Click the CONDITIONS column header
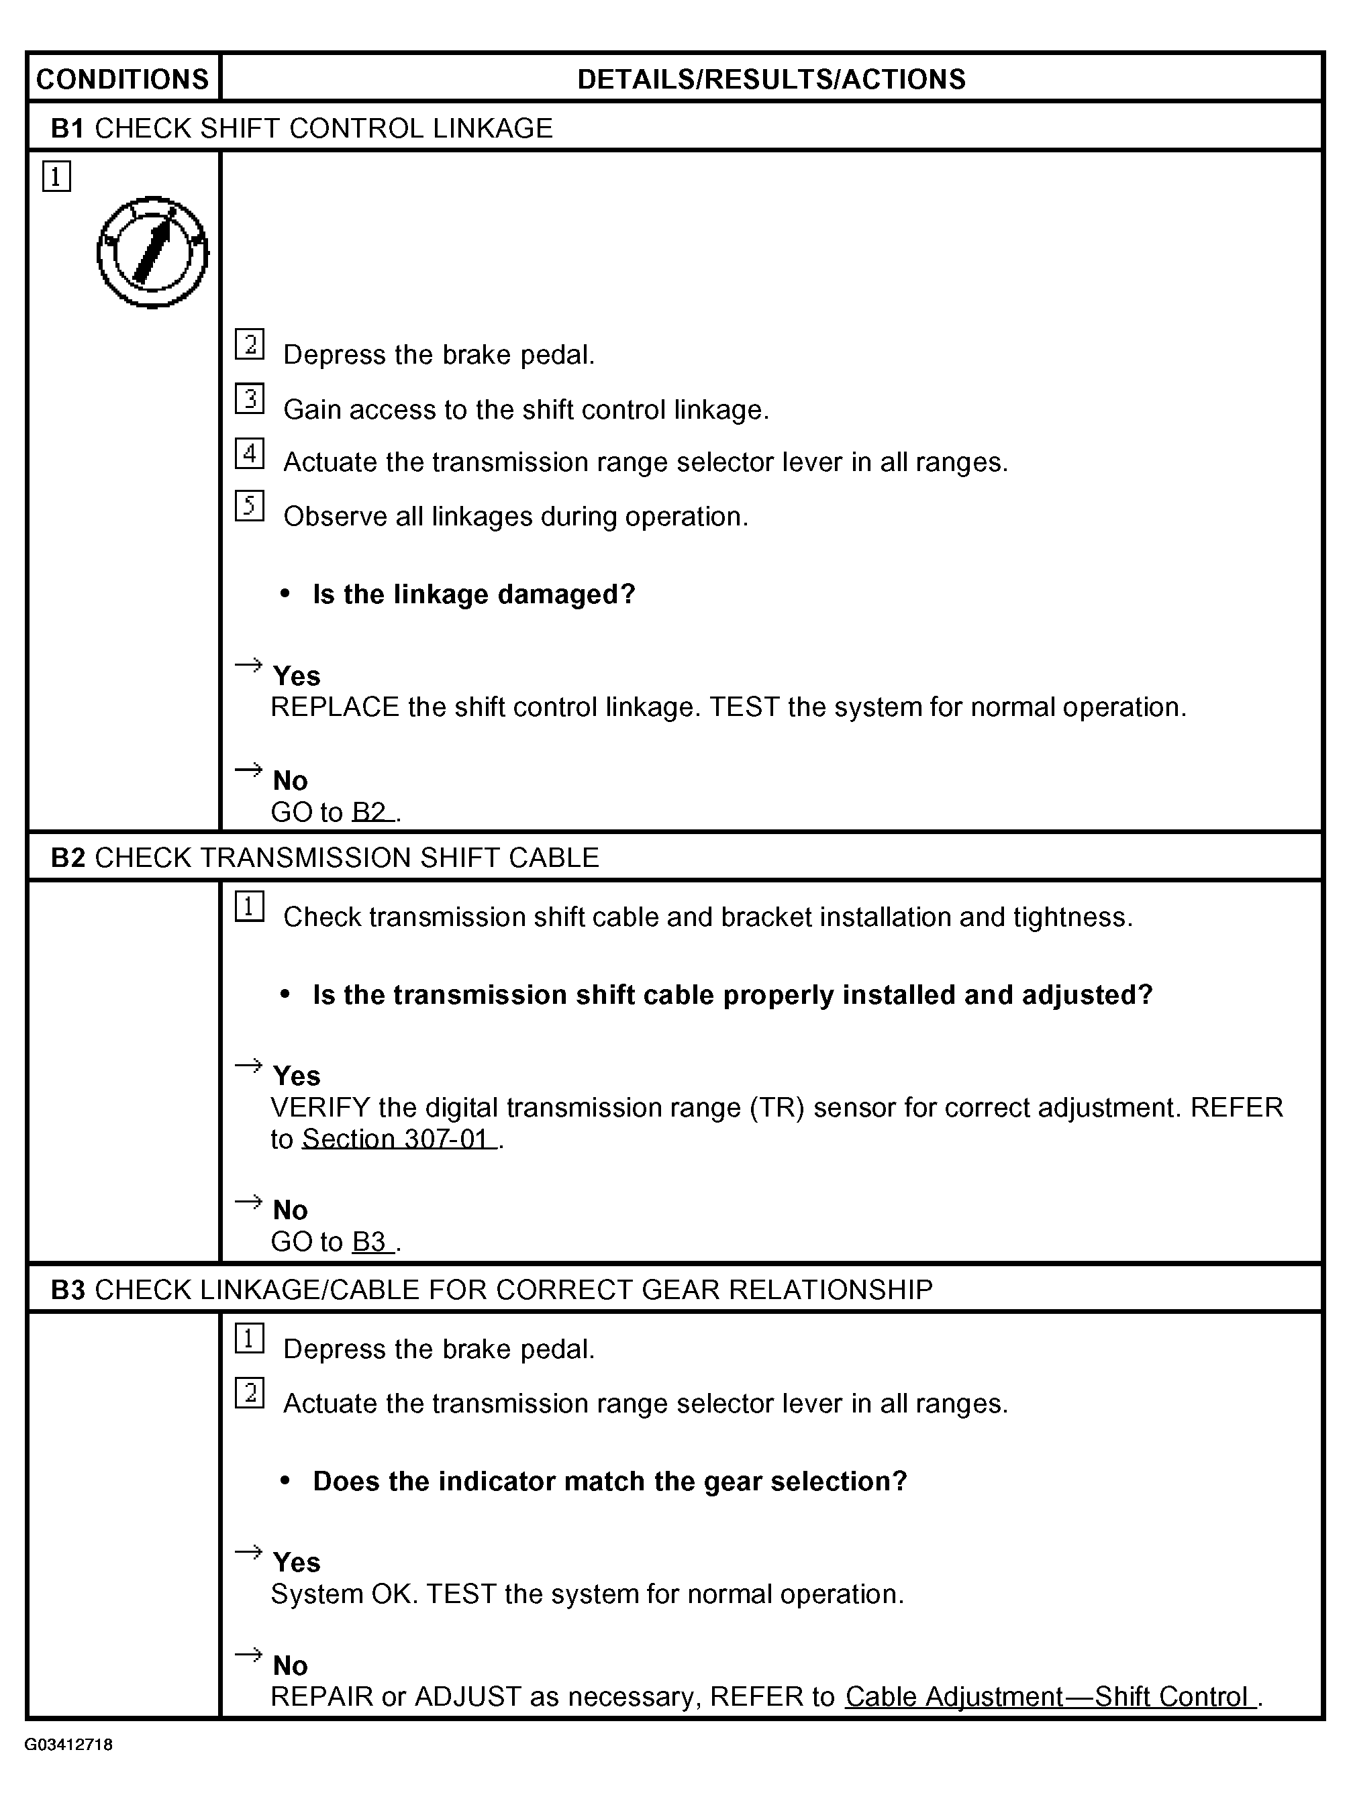[123, 79]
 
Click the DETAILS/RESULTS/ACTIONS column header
[770, 79]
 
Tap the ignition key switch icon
[152, 252]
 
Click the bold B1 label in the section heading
[68, 129]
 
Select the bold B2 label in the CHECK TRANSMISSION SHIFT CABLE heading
[68, 858]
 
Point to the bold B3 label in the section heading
[68, 1290]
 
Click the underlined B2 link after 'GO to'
[371, 812]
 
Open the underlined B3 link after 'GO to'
[371, 1241]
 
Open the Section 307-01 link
[398, 1138]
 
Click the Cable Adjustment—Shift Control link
[1050, 1697]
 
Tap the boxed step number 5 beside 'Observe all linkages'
[249, 506]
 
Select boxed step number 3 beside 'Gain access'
[249, 398]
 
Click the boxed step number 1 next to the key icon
[56, 176]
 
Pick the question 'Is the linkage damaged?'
[473, 595]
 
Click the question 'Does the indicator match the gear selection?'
[609, 1481]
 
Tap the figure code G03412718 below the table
[68, 1744]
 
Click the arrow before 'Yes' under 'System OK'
[248, 1552]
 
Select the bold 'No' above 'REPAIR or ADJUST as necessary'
[290, 1665]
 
